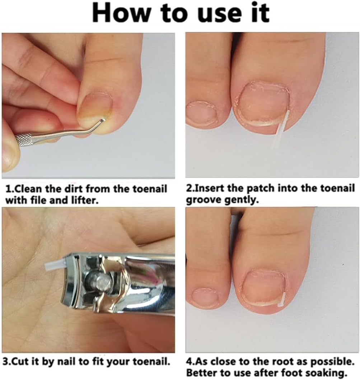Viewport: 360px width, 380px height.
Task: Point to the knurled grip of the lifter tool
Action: tap(23, 140)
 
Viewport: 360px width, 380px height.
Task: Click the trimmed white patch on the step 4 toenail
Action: tap(281, 300)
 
